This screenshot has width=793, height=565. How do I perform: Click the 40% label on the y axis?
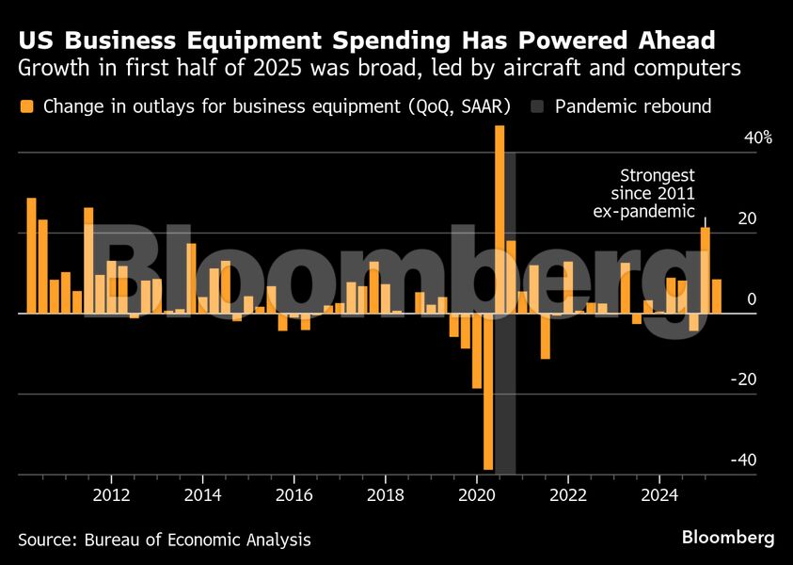tap(732, 137)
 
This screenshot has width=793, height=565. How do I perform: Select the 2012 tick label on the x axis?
tap(111, 494)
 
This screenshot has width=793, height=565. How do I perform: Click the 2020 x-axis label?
tap(476, 494)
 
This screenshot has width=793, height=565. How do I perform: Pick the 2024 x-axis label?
tap(659, 494)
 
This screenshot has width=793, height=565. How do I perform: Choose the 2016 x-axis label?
tap(293, 494)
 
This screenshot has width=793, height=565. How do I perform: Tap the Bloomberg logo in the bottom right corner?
tap(728, 538)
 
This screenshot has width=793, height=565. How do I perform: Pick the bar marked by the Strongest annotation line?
tap(706, 269)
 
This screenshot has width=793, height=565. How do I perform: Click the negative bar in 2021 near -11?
tap(545, 335)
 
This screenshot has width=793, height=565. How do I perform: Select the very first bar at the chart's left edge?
tap(31, 254)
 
